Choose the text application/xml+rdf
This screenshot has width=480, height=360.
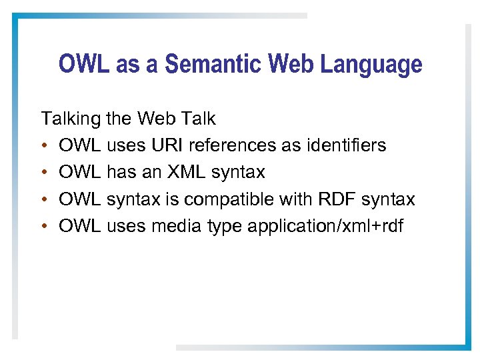point(325,227)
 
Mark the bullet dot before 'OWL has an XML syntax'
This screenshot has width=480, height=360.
point(44,173)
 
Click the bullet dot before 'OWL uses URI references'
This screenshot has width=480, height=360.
point(44,146)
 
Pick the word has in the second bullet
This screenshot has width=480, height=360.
point(119,173)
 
